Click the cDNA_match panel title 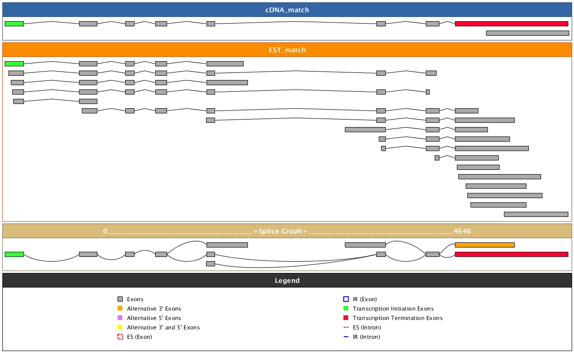tap(287, 10)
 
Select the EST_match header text tap(287, 50)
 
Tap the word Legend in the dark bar tap(287, 280)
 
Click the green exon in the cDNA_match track tap(14, 24)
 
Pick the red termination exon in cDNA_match tap(511, 24)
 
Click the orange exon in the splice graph tap(485, 245)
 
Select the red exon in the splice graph tap(511, 254)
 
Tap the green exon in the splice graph tap(14, 254)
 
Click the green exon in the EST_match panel tap(14, 64)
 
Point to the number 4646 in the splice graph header tap(462, 231)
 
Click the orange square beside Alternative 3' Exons tap(120, 309)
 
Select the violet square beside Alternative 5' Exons tap(120, 318)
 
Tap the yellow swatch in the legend tap(120, 328)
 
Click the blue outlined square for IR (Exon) tap(346, 299)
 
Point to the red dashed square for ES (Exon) tap(120, 337)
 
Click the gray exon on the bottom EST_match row tap(536, 214)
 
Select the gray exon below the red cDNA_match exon tap(527, 33)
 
